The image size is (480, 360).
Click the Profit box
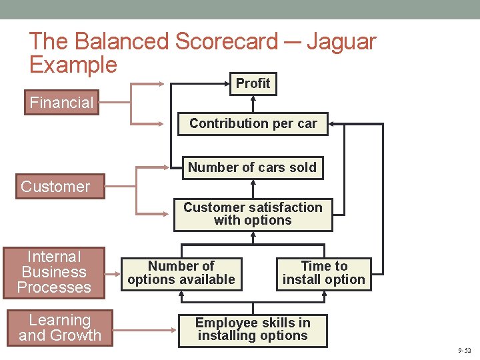point(253,83)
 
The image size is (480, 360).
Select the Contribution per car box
point(253,123)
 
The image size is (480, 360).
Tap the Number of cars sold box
point(252,167)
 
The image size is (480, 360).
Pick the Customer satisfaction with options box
point(253,214)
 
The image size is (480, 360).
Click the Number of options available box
point(181,273)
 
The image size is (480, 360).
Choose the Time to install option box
point(324,273)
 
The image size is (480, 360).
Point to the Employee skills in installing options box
point(253,329)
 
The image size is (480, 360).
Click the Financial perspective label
point(61,103)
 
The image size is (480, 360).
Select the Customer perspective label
point(55,187)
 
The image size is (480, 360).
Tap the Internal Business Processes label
point(54,272)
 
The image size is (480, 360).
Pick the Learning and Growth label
point(60,328)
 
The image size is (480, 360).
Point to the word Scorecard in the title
point(227,41)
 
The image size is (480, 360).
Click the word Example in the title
point(73,65)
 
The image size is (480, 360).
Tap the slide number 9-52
point(465,351)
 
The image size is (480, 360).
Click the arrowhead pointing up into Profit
point(253,98)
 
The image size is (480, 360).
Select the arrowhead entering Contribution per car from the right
point(333,124)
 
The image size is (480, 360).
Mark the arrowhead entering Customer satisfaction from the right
point(337,214)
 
